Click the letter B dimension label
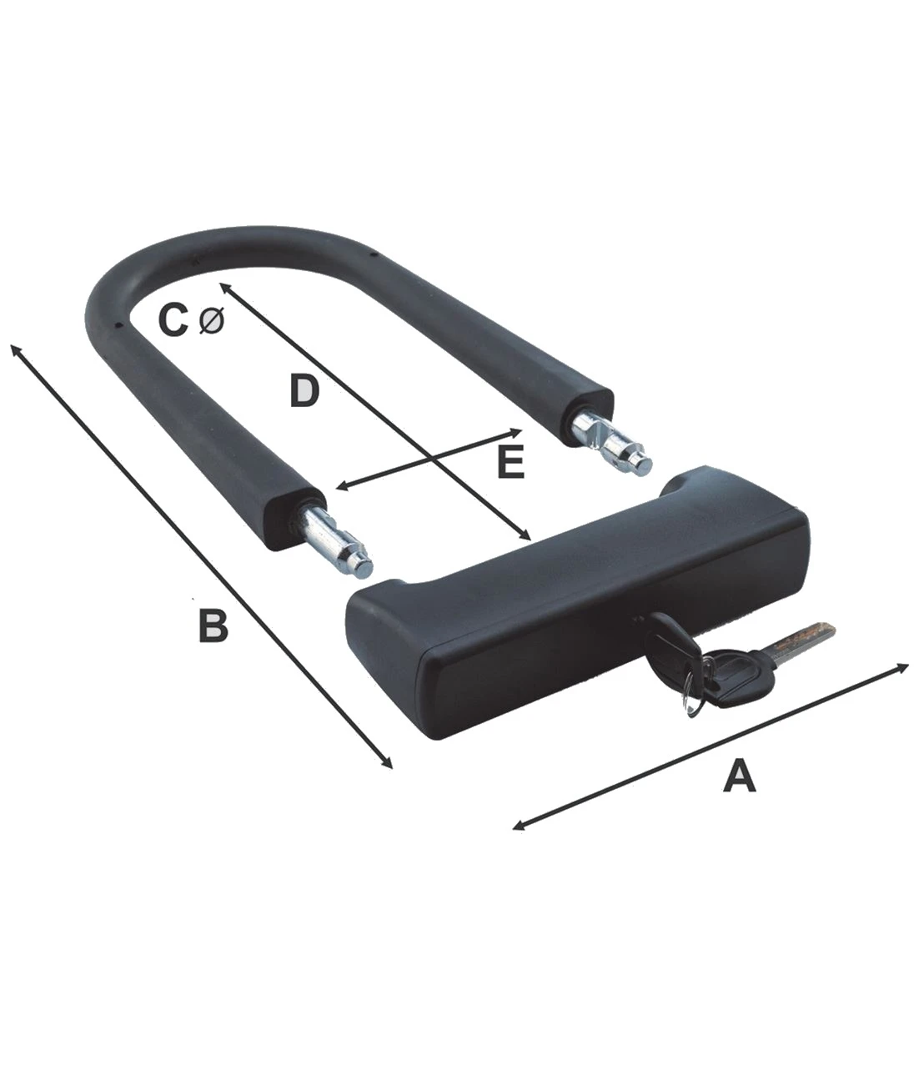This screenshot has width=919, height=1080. [x=213, y=625]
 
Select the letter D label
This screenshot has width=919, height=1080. [x=304, y=391]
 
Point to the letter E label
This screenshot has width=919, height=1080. [x=511, y=462]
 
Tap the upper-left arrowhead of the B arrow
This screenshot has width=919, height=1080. [x=16, y=349]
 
